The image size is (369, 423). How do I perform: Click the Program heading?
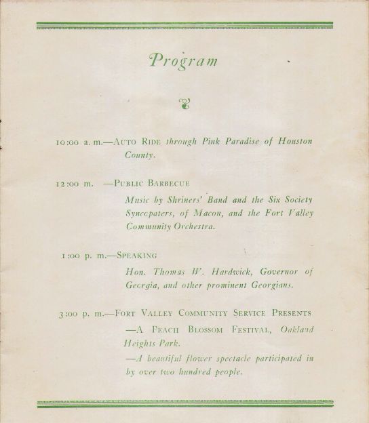[184, 60]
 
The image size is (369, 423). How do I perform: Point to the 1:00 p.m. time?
[83, 256]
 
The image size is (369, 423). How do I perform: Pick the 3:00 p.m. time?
[81, 313]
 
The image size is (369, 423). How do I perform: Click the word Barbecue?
[169, 183]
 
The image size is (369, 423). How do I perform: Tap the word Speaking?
[138, 256]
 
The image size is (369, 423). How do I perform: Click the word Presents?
[287, 313]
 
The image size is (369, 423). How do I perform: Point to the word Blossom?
[201, 331]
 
